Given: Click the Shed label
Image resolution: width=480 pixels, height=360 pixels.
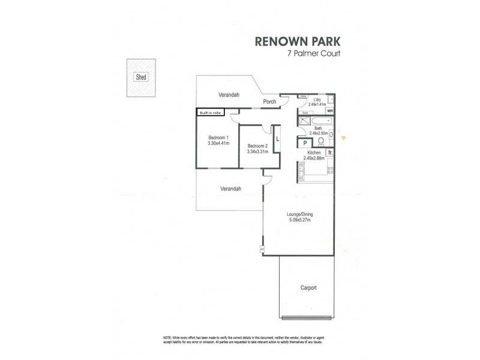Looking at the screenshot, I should click(142, 77).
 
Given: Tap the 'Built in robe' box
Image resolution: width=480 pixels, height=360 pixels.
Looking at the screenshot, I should click(210, 112).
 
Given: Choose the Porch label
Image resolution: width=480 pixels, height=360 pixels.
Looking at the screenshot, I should click(270, 101).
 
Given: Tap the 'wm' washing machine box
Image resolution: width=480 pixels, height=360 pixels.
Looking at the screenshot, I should click(330, 110).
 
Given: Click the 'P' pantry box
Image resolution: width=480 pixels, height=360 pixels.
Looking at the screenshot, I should click(305, 143).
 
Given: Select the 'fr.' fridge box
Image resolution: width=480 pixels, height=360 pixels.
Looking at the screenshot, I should click(330, 153).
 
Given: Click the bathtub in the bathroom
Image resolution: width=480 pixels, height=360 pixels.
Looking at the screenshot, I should click(317, 121).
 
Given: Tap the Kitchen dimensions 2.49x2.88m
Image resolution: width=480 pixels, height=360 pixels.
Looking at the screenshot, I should click(316, 158).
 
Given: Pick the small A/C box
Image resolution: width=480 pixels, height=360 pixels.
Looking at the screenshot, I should click(262, 249).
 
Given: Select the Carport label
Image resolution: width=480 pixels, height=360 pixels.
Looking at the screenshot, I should click(308, 288).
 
